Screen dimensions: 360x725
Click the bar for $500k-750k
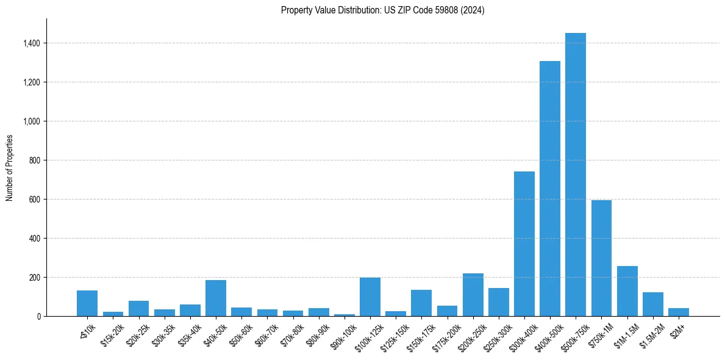pyautogui.click(x=575, y=175)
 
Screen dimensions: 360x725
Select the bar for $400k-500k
pyautogui.click(x=549, y=189)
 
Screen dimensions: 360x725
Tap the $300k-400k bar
pyautogui.click(x=524, y=244)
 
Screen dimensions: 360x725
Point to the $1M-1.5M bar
pyautogui.click(x=627, y=291)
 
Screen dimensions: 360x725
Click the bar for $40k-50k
pyautogui.click(x=216, y=298)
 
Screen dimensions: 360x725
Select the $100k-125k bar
pyautogui.click(x=370, y=297)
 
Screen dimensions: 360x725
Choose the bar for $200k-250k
pyautogui.click(x=473, y=295)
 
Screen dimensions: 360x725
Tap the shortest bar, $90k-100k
pyautogui.click(x=345, y=315)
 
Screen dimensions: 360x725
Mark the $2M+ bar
pyautogui.click(x=678, y=312)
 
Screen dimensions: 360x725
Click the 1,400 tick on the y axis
pyautogui.click(x=32, y=43)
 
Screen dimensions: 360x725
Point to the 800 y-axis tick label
pyautogui.click(x=35, y=160)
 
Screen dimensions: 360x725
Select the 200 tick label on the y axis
pyautogui.click(x=35, y=278)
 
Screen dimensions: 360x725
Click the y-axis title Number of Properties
pyautogui.click(x=10, y=168)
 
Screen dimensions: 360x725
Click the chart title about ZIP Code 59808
pyautogui.click(x=382, y=10)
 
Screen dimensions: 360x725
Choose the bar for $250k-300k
pyautogui.click(x=498, y=302)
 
